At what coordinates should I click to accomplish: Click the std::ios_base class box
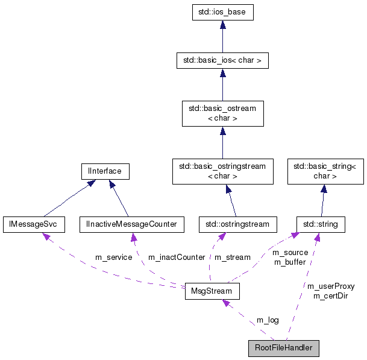(222, 11)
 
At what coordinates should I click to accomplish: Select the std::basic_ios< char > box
(222, 60)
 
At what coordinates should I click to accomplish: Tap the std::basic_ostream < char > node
(222, 113)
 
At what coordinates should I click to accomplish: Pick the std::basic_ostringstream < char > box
(222, 171)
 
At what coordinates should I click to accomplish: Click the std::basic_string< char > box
(325, 171)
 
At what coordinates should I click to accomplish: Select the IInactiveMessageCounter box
(131, 224)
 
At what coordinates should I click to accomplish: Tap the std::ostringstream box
(237, 224)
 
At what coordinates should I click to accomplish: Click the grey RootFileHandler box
(283, 348)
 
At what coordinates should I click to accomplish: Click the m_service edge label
(113, 257)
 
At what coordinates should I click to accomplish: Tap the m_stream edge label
(233, 257)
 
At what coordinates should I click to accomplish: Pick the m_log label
(268, 320)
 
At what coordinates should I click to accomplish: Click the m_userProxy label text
(330, 286)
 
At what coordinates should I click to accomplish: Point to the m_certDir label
(330, 295)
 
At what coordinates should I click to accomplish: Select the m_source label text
(290, 253)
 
